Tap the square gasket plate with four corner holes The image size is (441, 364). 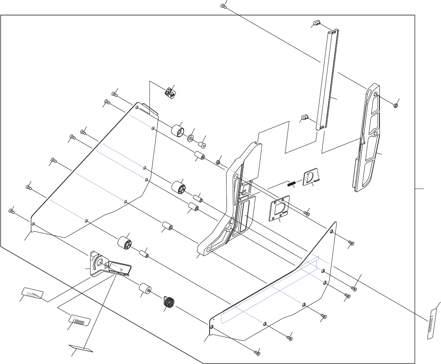[x=280, y=208]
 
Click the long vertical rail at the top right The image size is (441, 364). [x=327, y=79]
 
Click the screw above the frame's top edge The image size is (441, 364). [x=223, y=6]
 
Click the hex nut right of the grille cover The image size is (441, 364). [x=396, y=105]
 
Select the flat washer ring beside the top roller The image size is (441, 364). [x=190, y=139]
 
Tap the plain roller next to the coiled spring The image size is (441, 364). [x=145, y=289]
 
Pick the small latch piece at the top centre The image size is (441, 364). [x=170, y=92]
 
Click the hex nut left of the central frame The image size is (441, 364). [x=217, y=163]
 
